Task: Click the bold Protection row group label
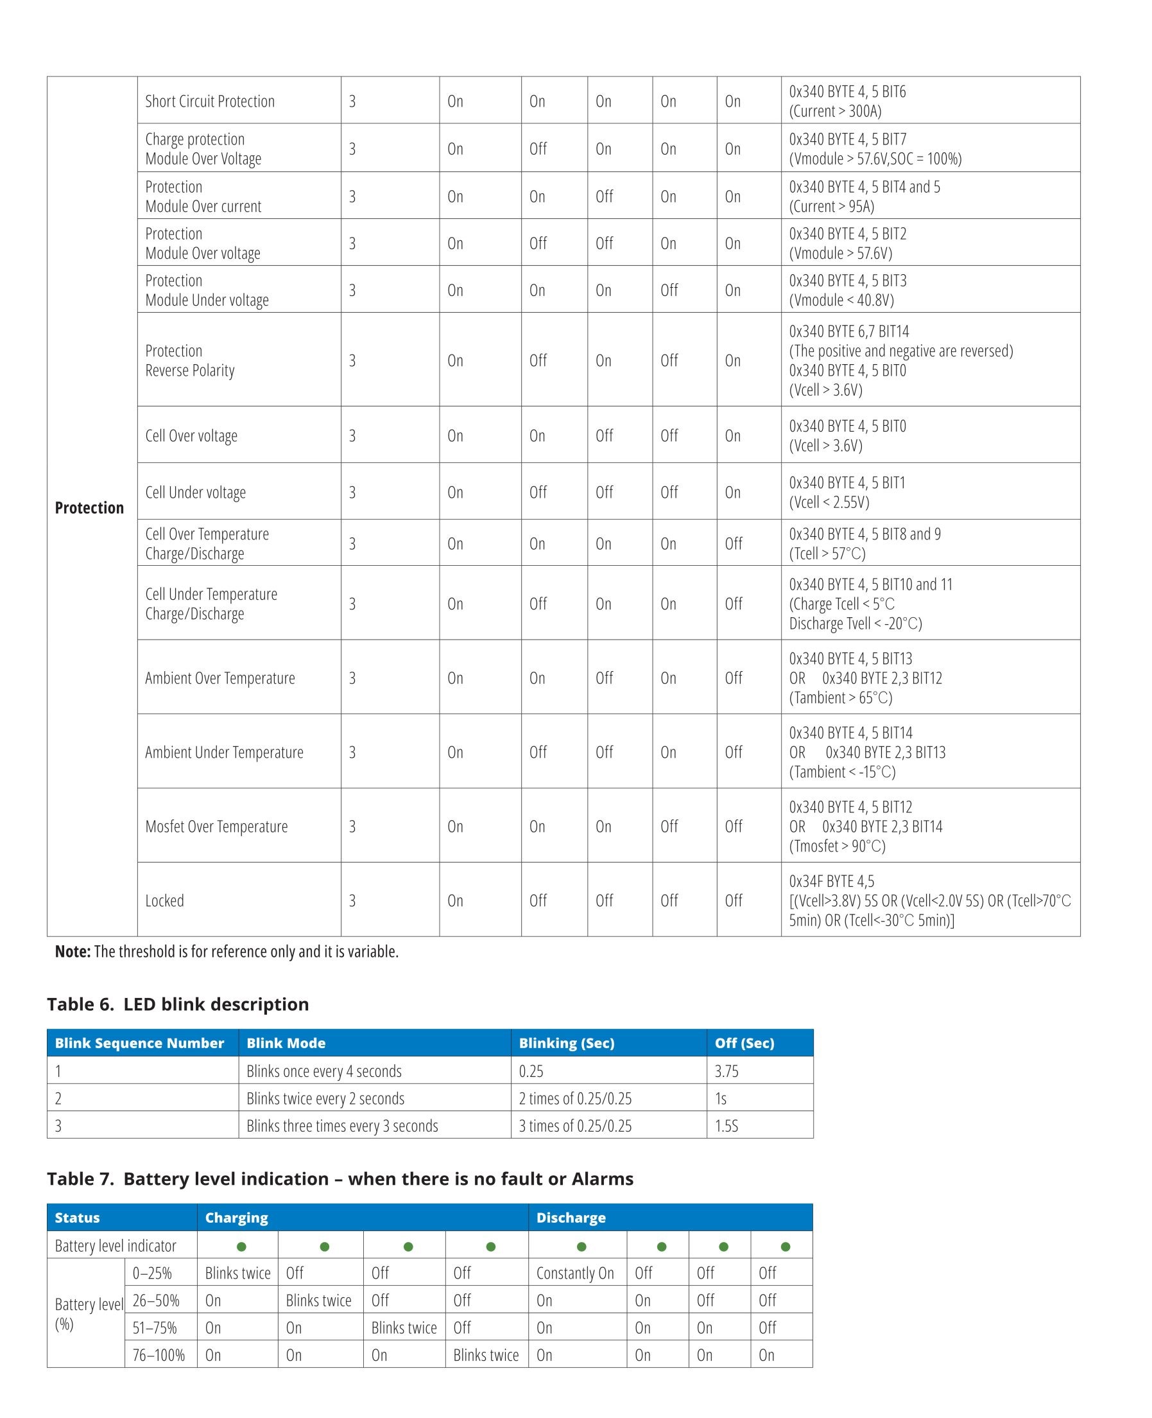(x=89, y=508)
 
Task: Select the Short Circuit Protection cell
(x=210, y=101)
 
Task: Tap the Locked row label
(x=164, y=900)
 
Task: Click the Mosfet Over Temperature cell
(x=216, y=826)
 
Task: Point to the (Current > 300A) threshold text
(x=835, y=111)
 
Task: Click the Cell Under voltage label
(x=195, y=492)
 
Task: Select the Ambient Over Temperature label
(x=219, y=678)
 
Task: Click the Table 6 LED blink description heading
(x=178, y=1004)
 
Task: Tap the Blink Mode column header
(x=286, y=1043)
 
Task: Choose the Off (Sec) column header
(x=744, y=1043)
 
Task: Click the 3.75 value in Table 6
(x=726, y=1071)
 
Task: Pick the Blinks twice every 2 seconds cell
(x=325, y=1098)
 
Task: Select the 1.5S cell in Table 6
(x=726, y=1126)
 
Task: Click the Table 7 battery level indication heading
(x=340, y=1178)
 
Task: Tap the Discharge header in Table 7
(x=571, y=1218)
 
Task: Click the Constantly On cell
(x=574, y=1273)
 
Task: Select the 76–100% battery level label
(x=159, y=1355)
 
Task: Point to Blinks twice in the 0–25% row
(x=237, y=1273)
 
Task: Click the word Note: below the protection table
(x=73, y=951)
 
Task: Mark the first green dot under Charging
(x=241, y=1247)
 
